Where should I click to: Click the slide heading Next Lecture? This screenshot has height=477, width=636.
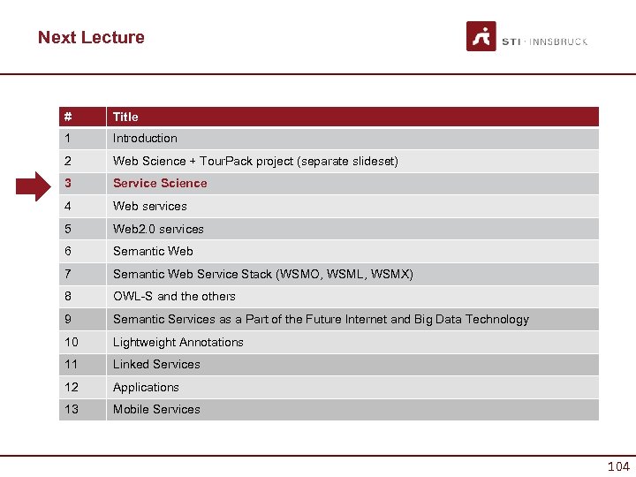coord(91,37)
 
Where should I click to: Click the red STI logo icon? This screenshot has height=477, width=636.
coord(481,36)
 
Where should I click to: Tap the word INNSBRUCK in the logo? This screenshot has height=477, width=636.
coord(560,42)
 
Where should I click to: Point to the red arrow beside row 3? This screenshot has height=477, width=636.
coord(36,184)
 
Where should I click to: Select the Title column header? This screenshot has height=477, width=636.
coord(125,117)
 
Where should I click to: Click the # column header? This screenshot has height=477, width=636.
coord(67,117)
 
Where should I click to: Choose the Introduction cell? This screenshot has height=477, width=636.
coord(145,139)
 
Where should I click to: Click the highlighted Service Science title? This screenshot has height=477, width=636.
coord(160,184)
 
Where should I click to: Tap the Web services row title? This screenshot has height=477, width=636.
coord(150,207)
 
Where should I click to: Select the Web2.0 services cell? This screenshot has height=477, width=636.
coord(158,229)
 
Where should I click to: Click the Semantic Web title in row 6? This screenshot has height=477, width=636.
coord(153,252)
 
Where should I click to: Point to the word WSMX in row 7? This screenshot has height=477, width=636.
coord(395,274)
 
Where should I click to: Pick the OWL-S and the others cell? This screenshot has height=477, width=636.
coord(174,297)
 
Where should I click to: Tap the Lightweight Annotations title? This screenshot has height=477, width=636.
coord(178,343)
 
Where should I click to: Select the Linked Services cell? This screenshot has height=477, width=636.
coord(156,365)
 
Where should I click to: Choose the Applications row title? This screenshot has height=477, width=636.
coord(146,388)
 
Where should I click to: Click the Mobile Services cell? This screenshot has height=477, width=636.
coord(156,410)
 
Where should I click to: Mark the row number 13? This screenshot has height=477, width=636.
coord(71,410)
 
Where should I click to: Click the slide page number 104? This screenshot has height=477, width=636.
coord(617,466)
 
